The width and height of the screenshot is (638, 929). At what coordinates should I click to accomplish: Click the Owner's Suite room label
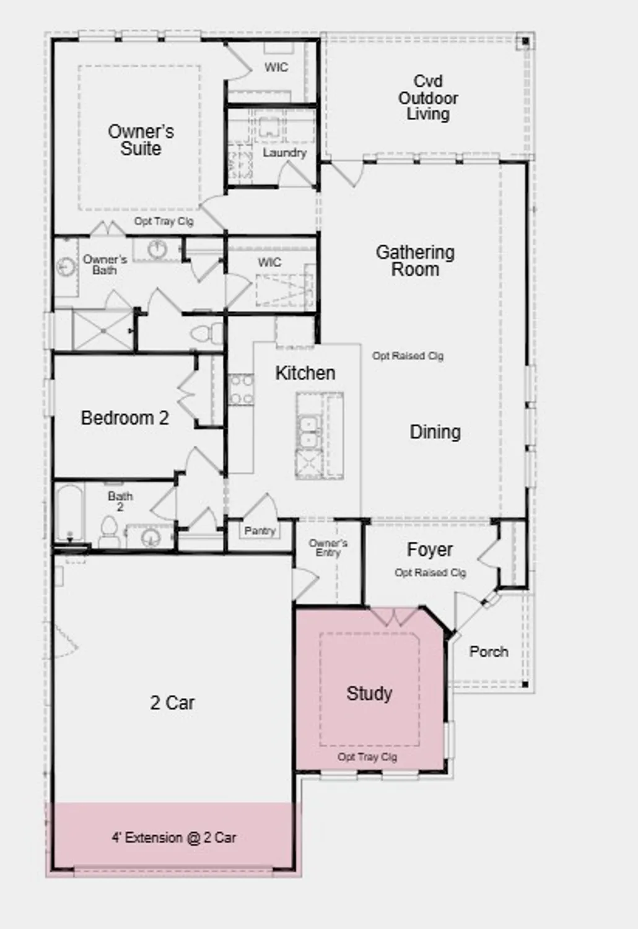(141, 140)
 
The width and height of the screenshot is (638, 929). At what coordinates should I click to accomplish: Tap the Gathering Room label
(415, 261)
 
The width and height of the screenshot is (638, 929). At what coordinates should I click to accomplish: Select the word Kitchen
(305, 373)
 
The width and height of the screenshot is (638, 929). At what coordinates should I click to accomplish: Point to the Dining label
(435, 432)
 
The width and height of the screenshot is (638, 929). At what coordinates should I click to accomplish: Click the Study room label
(369, 693)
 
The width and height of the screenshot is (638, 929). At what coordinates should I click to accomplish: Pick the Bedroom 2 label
(125, 418)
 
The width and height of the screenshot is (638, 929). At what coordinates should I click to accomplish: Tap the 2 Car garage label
(172, 702)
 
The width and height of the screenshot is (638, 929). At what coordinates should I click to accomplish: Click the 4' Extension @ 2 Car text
(173, 837)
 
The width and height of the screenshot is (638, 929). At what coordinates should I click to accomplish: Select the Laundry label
(284, 152)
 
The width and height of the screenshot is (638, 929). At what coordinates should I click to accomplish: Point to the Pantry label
(260, 531)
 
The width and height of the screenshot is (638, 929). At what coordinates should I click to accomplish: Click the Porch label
(489, 652)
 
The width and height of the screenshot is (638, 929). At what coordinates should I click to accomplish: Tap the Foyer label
(429, 549)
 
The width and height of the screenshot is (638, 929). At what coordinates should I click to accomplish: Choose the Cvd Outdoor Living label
(428, 98)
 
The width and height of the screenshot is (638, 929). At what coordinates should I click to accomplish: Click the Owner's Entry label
(328, 547)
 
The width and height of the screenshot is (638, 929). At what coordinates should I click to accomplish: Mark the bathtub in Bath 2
(69, 513)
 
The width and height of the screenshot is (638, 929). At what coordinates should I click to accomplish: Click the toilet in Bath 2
(109, 533)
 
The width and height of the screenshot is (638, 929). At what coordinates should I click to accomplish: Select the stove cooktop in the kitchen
(240, 390)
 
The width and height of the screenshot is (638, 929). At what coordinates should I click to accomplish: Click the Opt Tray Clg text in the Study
(367, 757)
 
